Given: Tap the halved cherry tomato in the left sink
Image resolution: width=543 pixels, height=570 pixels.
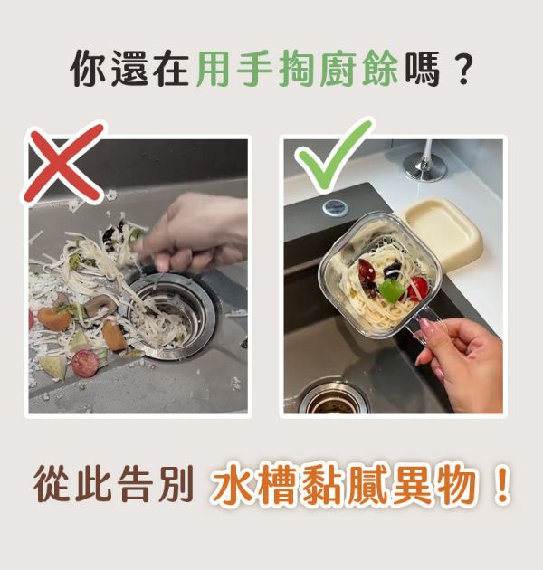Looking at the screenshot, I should coord(85,363).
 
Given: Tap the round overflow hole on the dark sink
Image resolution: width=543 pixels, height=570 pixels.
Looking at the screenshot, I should coord(335,206).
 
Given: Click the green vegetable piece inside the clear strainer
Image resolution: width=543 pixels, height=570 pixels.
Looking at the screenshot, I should coord(389,290).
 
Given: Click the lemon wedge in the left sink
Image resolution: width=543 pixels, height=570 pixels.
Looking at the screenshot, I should coord(52,366).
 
